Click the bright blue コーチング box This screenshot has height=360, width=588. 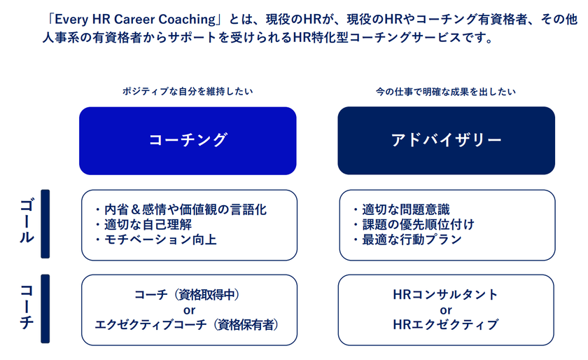tap(188, 141)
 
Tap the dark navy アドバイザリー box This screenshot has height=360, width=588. tap(447, 140)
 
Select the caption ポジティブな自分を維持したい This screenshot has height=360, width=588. tap(188, 91)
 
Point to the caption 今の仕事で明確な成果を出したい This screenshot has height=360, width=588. tap(445, 92)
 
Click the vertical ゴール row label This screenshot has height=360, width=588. tap(27, 221)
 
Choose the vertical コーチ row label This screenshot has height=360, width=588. tap(27, 307)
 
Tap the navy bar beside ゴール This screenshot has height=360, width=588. tap(45, 223)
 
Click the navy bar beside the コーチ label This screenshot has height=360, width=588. tap(45, 309)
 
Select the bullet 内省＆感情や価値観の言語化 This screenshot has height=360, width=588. tap(181, 209)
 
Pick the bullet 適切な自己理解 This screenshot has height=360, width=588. tap(143, 225)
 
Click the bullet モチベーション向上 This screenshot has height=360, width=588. tap(155, 240)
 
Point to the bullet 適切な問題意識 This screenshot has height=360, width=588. tap(401, 209)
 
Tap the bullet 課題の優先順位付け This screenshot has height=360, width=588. tap(414, 225)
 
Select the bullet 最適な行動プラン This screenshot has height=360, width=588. tap(407, 240)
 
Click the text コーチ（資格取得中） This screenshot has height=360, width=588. tap(188, 295)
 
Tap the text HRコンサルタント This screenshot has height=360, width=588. tap(445, 295)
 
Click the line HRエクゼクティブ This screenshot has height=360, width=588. tap(445, 325)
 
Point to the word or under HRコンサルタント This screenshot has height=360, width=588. tap(446, 310)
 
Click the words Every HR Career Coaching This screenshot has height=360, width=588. tap(135, 20)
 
